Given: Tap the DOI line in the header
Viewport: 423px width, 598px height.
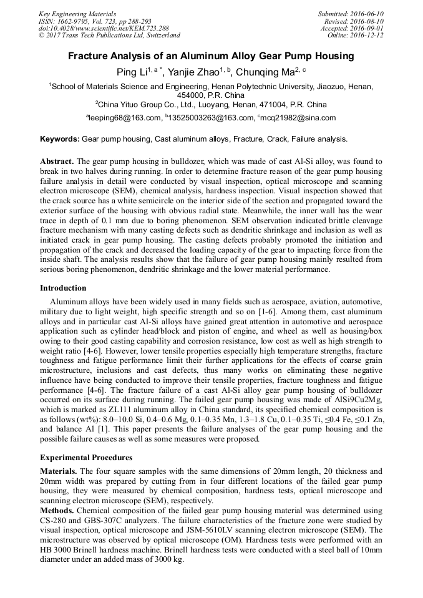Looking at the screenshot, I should coord(103,28).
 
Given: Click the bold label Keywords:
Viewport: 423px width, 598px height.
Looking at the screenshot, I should coord(61,139).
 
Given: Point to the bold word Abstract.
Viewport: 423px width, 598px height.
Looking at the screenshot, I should coord(57,161).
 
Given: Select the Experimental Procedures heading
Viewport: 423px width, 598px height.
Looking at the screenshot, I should coord(86,458).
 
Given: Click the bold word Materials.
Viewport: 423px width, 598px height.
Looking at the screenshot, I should coord(59,471).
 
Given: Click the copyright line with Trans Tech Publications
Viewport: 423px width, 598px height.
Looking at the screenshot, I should coord(109,36).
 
